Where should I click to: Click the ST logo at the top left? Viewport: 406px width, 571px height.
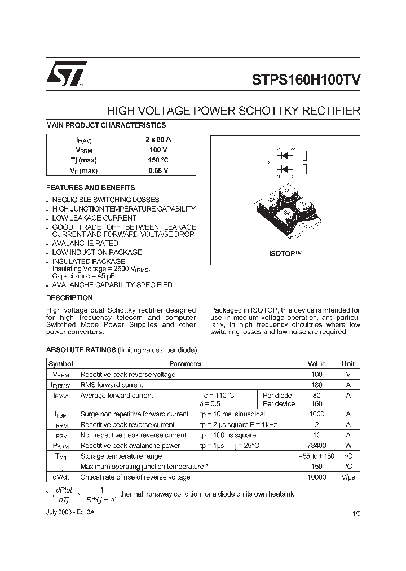pos(66,74)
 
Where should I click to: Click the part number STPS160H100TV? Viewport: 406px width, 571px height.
pos(302,80)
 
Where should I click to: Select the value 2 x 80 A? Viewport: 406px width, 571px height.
pos(158,139)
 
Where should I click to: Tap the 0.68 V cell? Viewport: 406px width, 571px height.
pos(158,170)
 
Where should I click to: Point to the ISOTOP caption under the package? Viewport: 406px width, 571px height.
pos(285,254)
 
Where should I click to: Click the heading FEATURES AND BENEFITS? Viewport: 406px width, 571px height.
pos(90,187)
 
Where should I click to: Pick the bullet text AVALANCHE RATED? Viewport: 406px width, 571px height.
pos(85,243)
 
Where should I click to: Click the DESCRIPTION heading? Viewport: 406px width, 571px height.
pos(69,297)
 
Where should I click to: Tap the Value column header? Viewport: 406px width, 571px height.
pos(316,364)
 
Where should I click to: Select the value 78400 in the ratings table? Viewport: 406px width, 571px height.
pos(316,446)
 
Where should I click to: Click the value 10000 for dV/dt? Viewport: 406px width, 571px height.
pos(316,477)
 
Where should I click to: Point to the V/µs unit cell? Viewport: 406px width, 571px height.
pos(348,477)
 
